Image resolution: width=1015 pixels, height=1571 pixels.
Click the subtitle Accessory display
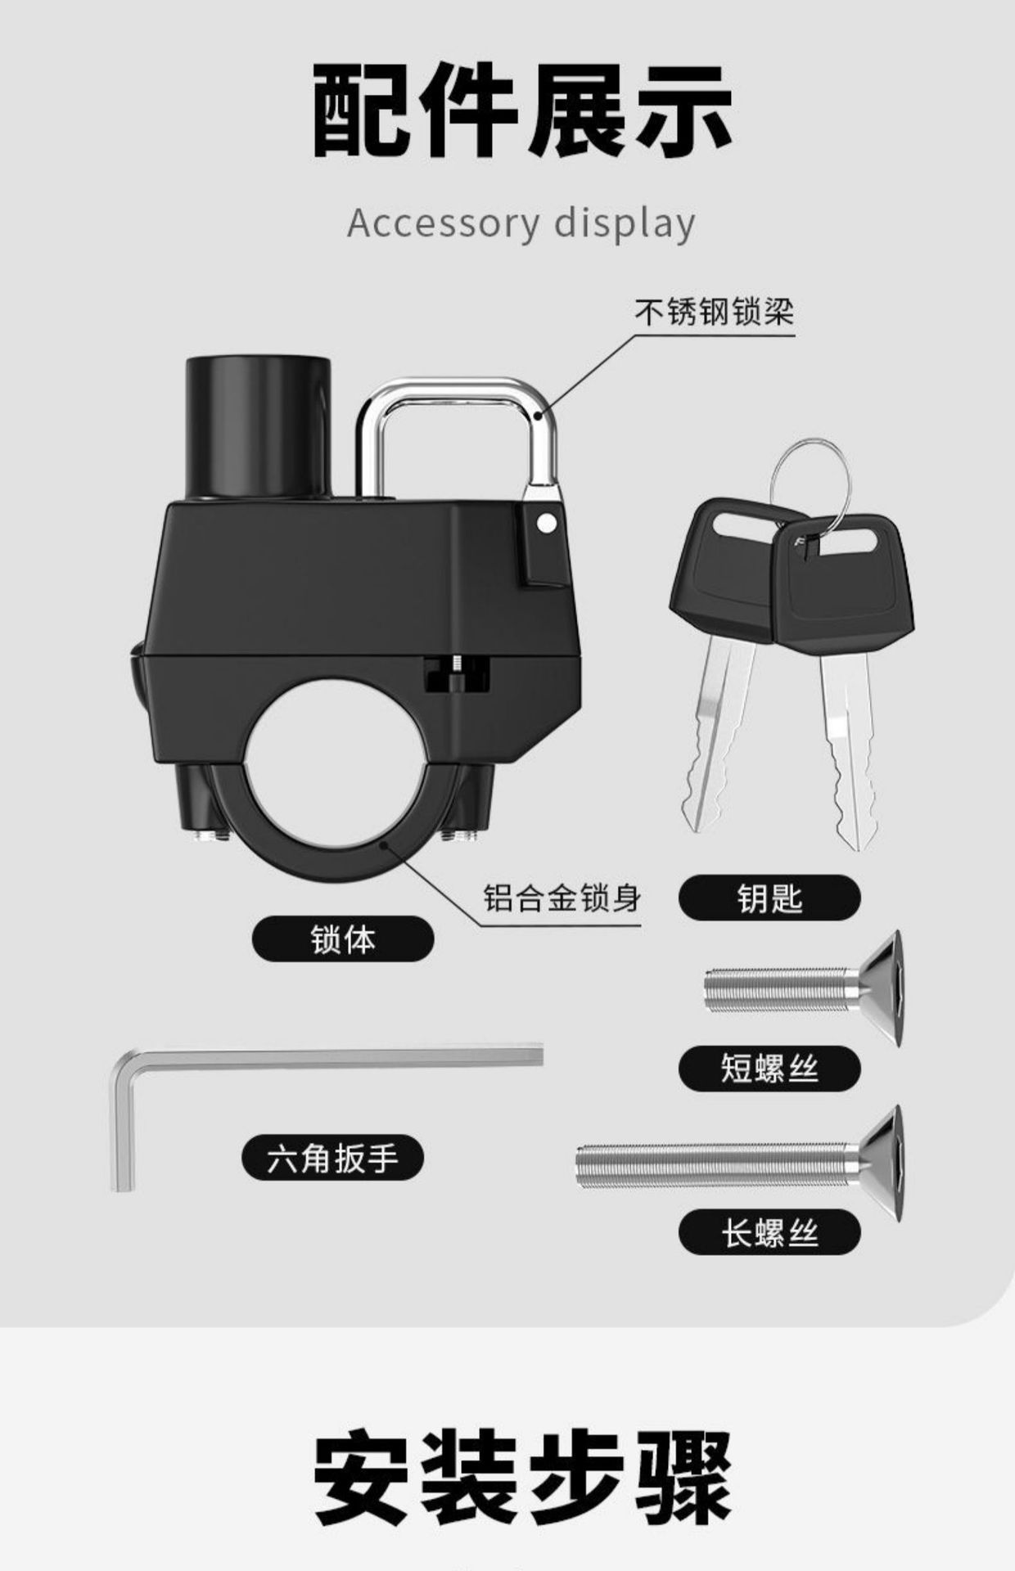coord(521,223)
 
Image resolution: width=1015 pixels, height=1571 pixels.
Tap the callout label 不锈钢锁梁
coord(715,312)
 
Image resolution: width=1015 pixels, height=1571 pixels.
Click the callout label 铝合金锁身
coord(562,898)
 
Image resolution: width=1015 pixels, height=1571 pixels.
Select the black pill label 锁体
coord(343,939)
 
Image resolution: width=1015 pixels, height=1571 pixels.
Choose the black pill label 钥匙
coord(769,898)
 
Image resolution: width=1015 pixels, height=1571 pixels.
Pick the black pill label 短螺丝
coord(769,1069)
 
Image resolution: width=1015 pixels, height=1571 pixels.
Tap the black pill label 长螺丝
coord(769,1232)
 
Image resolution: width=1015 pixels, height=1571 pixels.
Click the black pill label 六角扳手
coord(332,1159)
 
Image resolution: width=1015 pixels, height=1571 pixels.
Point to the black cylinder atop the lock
coord(259,425)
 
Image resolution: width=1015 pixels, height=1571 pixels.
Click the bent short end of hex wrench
coord(121,1129)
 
